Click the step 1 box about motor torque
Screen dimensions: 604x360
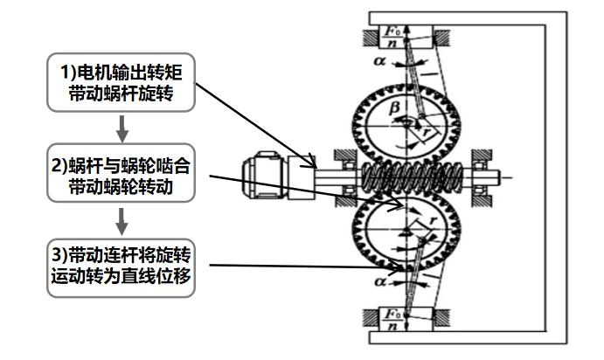pyautogui.click(x=121, y=82)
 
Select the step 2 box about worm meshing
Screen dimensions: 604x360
pyautogui.click(x=121, y=173)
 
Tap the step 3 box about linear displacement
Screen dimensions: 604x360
pyautogui.click(x=121, y=267)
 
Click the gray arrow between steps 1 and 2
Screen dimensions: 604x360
pyautogui.click(x=122, y=128)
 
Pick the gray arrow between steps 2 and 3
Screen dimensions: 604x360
pyautogui.click(x=121, y=221)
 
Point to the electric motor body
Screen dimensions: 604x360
pyautogui.click(x=264, y=175)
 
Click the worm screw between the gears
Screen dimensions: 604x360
pyautogui.click(x=413, y=177)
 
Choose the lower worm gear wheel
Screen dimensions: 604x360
pyautogui.click(x=406, y=230)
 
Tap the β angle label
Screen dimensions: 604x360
pyautogui.click(x=394, y=108)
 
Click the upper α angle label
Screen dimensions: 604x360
pyautogui.click(x=379, y=61)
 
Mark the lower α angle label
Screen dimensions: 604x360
pyautogui.click(x=380, y=281)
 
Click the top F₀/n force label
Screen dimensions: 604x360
pyautogui.click(x=392, y=37)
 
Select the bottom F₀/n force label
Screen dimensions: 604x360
pyautogui.click(x=392, y=320)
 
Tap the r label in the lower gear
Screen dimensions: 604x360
pyautogui.click(x=433, y=220)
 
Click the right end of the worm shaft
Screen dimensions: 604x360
pyautogui.click(x=500, y=177)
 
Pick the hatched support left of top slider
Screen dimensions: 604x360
pyautogui.click(x=371, y=38)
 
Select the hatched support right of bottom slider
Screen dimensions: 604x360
pyautogui.click(x=441, y=319)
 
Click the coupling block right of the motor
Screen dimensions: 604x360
pyautogui.click(x=302, y=177)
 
